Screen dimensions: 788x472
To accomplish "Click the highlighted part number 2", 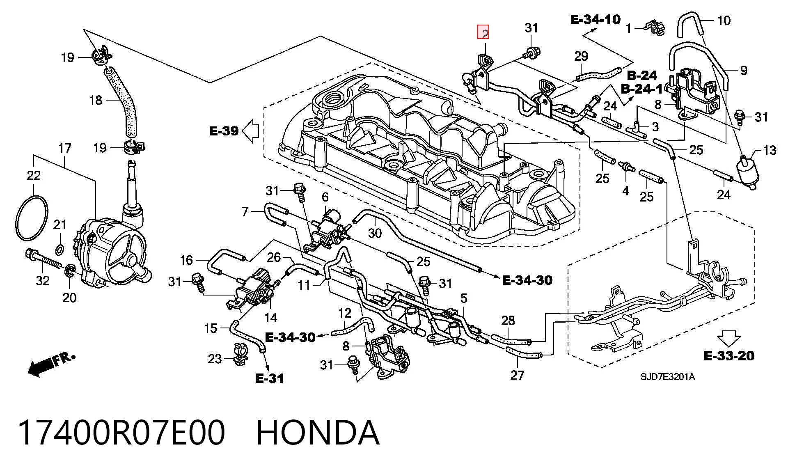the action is tap(483, 32).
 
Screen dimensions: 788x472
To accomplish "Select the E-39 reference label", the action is tap(224, 131).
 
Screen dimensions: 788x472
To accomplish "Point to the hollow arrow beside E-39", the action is tap(250, 131).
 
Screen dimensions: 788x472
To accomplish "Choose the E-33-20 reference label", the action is tap(729, 355).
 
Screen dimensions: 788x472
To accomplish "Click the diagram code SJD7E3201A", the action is tap(668, 377).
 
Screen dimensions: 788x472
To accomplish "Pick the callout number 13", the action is tap(770, 150).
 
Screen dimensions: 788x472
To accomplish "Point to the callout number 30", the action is tap(375, 233).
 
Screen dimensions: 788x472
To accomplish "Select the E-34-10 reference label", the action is tap(596, 19).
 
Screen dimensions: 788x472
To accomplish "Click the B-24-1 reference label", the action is tap(641, 89).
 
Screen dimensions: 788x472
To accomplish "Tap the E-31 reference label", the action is tap(269, 378).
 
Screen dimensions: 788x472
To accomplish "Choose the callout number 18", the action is tap(96, 100).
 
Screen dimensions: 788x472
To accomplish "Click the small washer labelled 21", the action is tap(59, 249).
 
